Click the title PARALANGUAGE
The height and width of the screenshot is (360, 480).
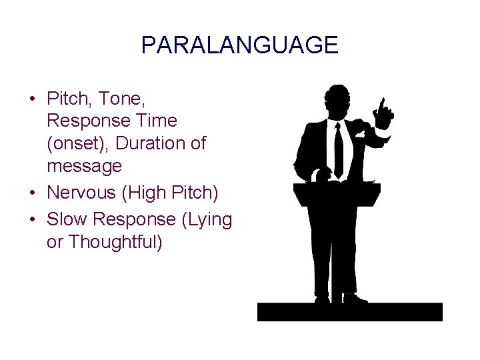[239, 46]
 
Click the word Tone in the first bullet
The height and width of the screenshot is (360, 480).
[122, 99]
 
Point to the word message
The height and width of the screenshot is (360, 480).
[84, 165]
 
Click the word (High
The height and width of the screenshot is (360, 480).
[147, 192]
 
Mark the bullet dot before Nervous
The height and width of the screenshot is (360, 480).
[33, 193]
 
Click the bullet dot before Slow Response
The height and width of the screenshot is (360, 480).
[33, 219]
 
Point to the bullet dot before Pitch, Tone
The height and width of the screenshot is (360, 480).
[33, 99]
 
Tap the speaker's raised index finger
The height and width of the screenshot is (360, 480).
[382, 105]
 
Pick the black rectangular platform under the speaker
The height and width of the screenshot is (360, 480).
[349, 311]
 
